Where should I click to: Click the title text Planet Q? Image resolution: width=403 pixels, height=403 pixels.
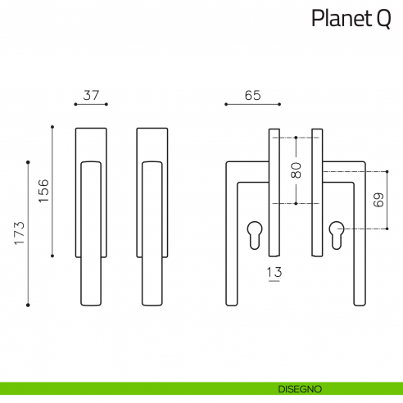click(350, 19)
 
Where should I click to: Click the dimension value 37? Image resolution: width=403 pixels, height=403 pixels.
click(91, 95)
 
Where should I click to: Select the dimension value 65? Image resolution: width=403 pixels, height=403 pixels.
click(252, 95)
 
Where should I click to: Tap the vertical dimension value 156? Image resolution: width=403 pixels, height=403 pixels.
click(43, 191)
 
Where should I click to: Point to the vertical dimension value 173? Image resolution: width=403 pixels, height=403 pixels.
click(19, 233)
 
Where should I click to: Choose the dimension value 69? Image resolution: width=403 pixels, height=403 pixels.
click(377, 200)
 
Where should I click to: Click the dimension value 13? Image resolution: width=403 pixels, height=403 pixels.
click(274, 271)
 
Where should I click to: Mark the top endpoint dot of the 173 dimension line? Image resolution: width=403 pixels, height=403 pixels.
click(28, 161)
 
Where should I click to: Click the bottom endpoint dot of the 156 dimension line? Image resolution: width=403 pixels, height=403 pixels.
click(52, 256)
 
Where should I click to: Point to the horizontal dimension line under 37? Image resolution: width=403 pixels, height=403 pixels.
click(91, 105)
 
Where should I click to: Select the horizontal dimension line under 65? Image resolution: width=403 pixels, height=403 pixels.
click(252, 105)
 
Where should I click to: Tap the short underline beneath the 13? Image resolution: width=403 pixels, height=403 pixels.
click(274, 281)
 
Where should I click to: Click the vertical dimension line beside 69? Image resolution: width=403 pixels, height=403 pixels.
click(386, 200)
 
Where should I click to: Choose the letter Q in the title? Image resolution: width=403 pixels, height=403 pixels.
click(383, 19)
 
